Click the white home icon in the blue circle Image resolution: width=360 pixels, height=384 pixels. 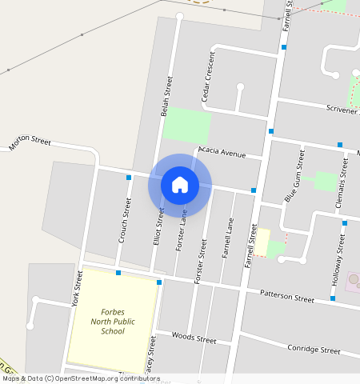(180, 185)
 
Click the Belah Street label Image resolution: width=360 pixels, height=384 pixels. (167, 97)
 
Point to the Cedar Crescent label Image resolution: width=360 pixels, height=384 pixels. (209, 77)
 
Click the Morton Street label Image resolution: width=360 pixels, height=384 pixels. (30, 144)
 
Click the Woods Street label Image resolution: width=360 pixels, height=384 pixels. (194, 339)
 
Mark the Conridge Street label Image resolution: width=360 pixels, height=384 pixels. (313, 350)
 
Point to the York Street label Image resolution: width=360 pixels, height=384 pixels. (77, 289)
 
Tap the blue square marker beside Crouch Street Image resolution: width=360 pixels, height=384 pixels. (129, 178)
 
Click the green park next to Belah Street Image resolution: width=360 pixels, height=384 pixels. (186, 126)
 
